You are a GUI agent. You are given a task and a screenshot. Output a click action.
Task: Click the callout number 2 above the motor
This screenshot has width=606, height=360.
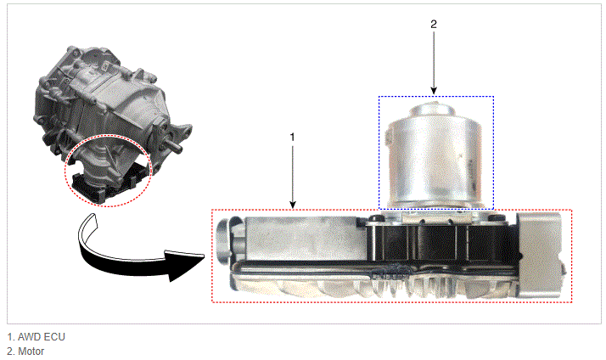coord(434,25)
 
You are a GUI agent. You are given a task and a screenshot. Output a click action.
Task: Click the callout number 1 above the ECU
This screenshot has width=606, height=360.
coord(293,137)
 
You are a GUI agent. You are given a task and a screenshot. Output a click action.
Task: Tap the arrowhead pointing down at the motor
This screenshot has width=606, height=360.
coord(434,90)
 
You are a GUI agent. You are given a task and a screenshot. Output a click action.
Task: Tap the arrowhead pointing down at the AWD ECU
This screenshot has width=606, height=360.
coord(293,204)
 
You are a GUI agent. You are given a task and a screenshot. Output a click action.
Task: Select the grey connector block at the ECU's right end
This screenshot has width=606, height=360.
coord(541,255)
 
